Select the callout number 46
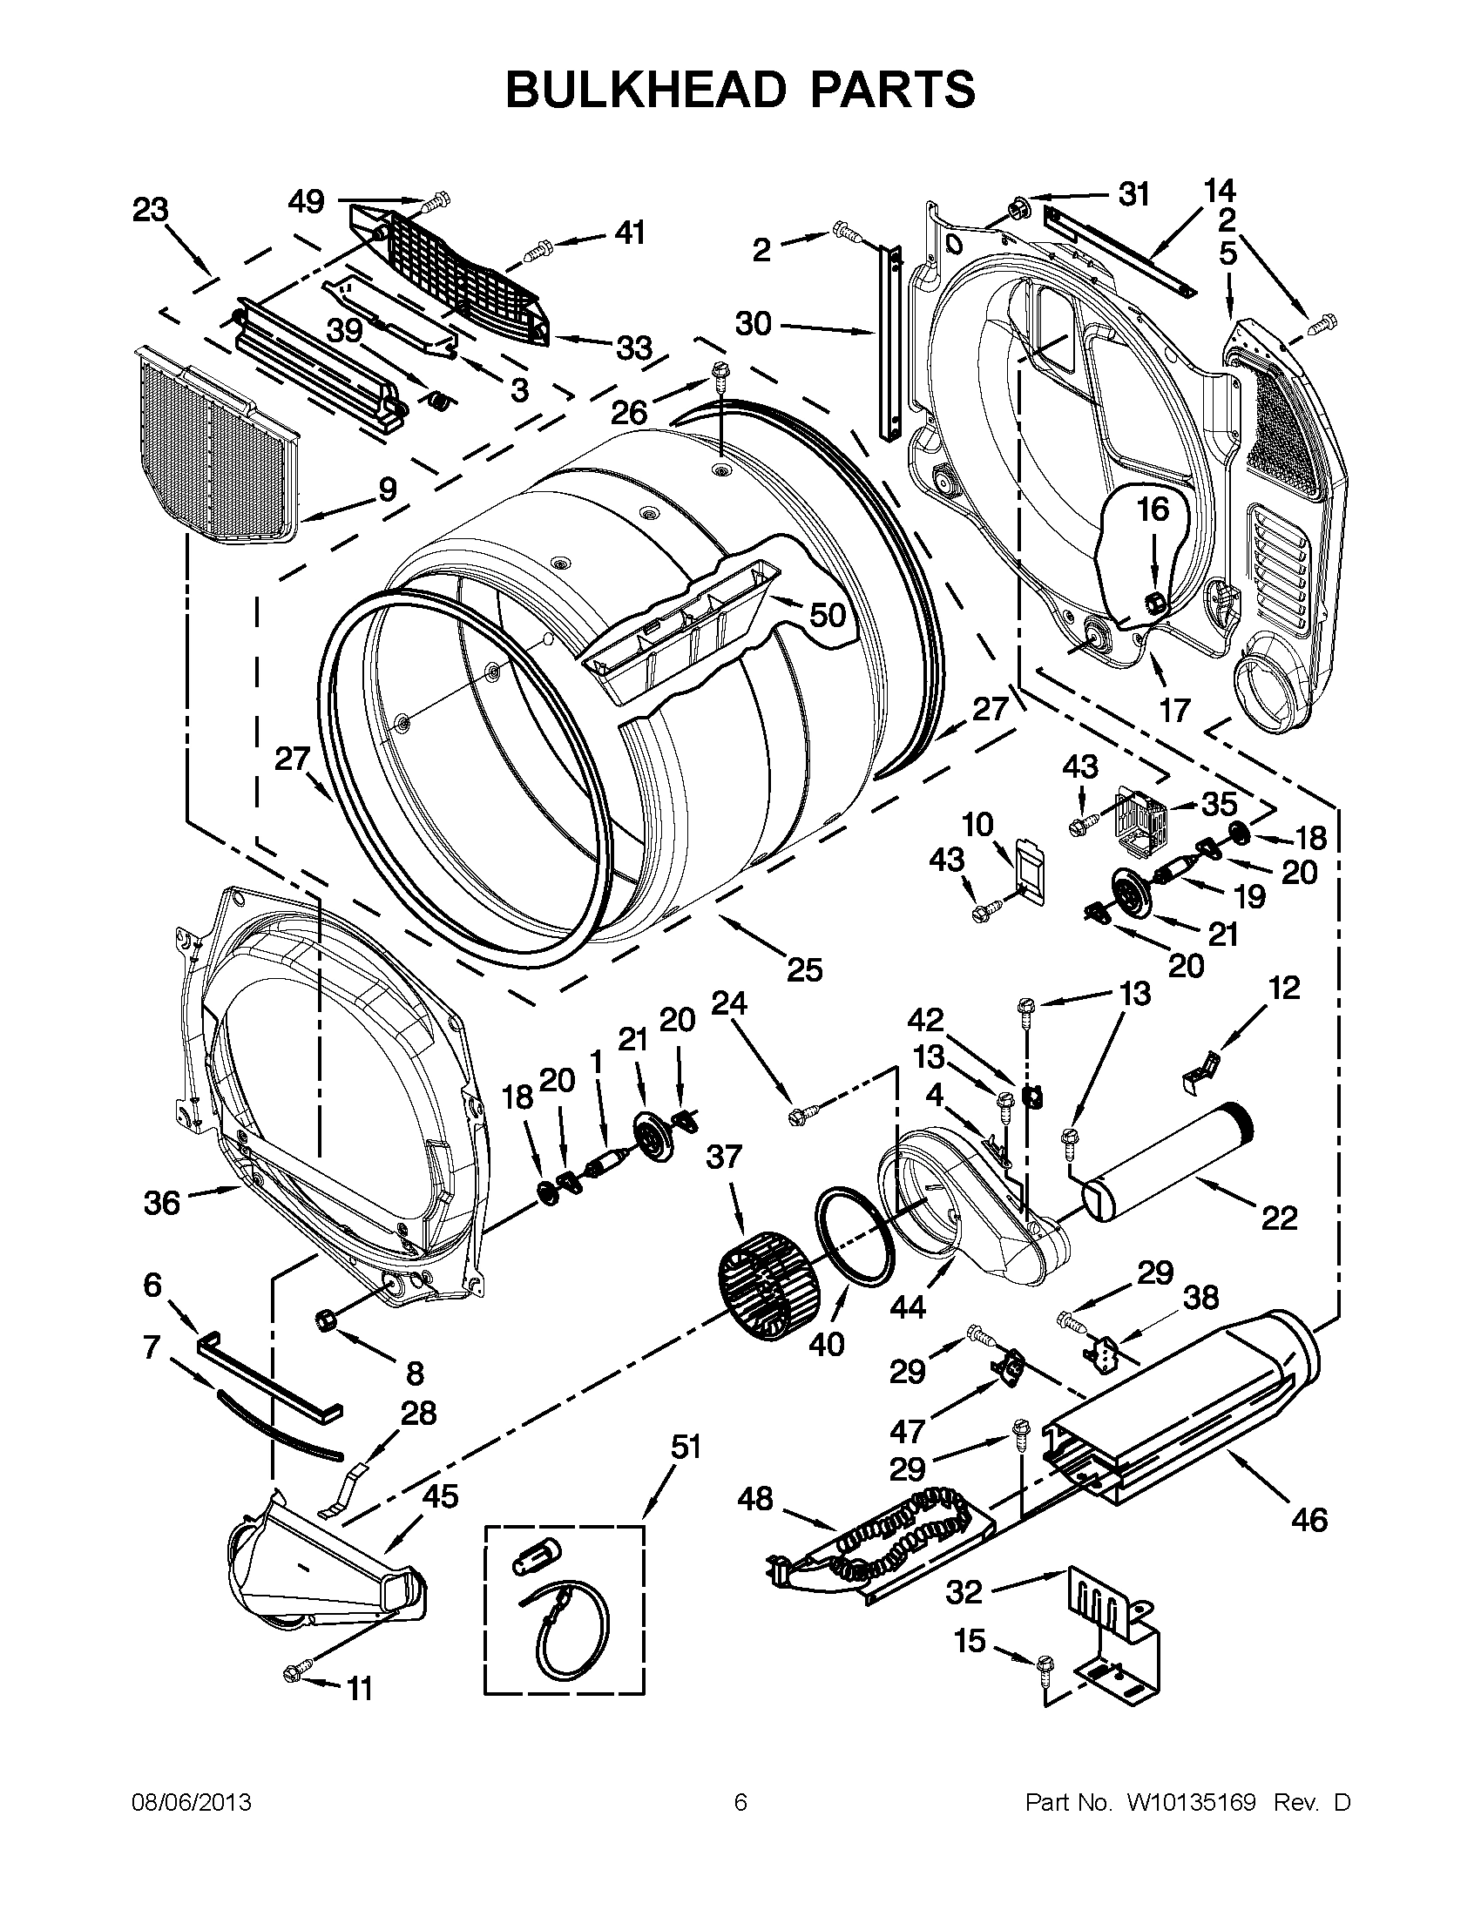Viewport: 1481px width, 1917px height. pos(1309,1519)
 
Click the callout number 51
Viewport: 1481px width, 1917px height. pos(686,1446)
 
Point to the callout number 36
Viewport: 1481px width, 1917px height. pos(164,1203)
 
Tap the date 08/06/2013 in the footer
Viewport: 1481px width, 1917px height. pos(192,1803)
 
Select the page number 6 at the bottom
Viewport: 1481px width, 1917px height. pos(740,1803)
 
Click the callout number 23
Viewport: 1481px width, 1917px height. pos(150,210)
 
